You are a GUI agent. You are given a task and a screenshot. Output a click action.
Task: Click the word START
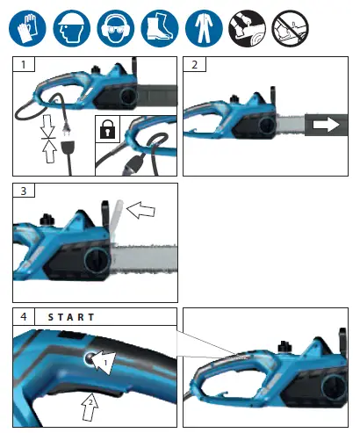(x=70, y=315)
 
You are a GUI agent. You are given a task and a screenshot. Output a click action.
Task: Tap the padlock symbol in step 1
(x=108, y=132)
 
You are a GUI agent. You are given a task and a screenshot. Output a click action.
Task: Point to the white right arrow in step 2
(x=327, y=125)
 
